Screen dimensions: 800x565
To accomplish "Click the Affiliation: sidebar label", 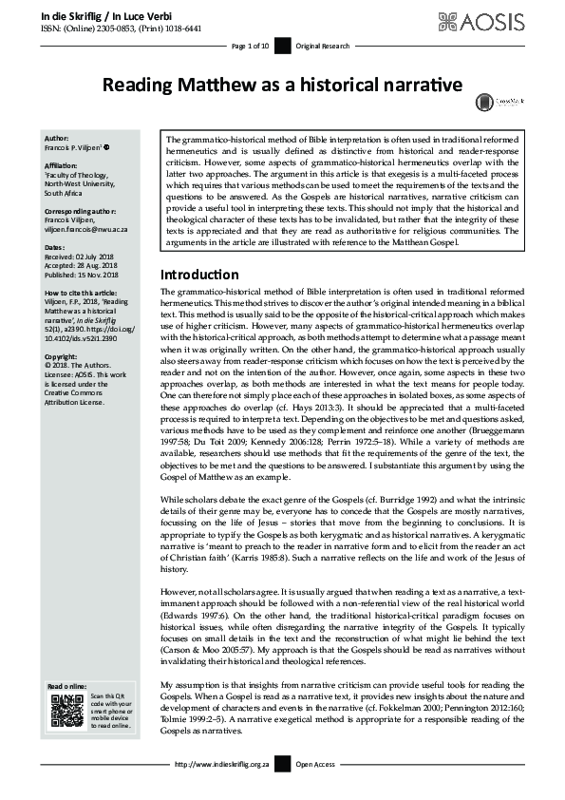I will [64, 164].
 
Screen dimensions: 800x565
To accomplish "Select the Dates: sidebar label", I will [55, 248].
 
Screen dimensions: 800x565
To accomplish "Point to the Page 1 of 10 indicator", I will [252, 46].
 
